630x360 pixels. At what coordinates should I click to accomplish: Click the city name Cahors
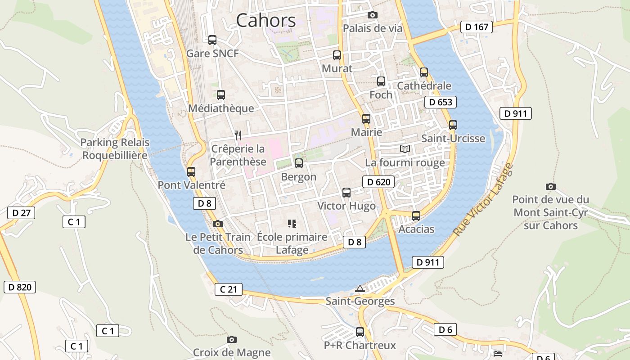pos(265,20)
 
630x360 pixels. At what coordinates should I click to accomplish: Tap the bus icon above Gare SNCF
pos(212,40)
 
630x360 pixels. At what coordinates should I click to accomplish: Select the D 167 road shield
pos(477,27)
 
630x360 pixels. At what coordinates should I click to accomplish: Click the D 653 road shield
pos(441,102)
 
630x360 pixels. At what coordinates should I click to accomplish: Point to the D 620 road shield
pos(378,182)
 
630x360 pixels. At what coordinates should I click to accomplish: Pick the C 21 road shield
pos(229,289)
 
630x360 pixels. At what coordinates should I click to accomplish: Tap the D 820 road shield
pos(20,287)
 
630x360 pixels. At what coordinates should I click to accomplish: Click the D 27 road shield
pos(21,213)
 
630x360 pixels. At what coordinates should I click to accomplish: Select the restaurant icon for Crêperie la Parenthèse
pos(238,135)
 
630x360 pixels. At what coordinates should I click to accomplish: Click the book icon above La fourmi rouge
pos(405,149)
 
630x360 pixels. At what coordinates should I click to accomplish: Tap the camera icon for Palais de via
pos(372,15)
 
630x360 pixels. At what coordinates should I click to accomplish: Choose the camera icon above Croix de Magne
pos(232,339)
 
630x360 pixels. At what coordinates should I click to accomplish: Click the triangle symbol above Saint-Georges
pos(360,288)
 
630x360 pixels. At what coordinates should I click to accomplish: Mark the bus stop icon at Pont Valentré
pos(191,171)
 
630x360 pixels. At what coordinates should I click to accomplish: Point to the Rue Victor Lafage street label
pos(483,200)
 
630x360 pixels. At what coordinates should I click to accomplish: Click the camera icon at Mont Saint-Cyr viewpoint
pos(550,186)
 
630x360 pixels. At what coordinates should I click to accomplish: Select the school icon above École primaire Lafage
pos(292,223)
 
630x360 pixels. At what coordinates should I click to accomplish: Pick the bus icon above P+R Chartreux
pos(360,332)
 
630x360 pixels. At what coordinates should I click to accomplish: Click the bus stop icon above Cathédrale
pos(424,72)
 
